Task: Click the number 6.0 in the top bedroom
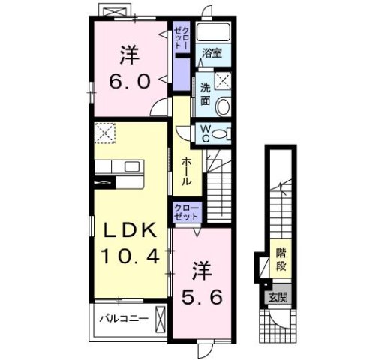129,79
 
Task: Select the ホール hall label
185,172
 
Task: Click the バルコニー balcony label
124,319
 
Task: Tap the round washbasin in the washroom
223,104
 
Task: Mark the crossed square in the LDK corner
104,134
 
